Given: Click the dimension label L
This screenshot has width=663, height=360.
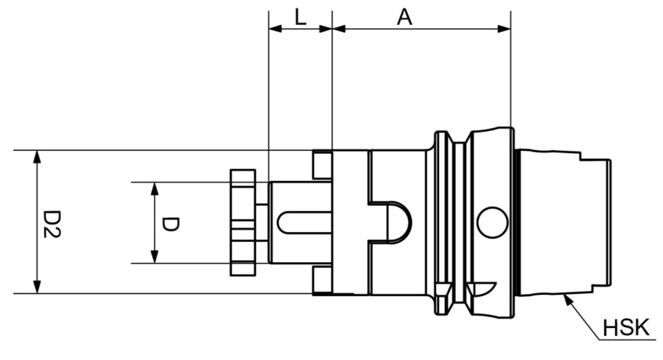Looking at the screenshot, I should pos(300,18).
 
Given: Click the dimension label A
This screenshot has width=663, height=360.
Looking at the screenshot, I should pos(405,17).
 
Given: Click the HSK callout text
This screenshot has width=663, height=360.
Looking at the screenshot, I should pos(625,328).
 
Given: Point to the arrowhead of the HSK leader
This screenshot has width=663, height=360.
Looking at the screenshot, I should pos(564,299).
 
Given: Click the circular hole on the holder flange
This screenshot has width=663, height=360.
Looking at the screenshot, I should pos(492,223).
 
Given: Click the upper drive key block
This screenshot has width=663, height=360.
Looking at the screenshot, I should pos(322,165).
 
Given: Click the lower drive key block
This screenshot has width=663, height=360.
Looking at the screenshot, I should pos(322,280).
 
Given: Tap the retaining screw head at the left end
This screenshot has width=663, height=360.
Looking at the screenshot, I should pos(243,223).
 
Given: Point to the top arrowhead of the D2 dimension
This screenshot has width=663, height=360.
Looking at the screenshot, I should pos(37,156).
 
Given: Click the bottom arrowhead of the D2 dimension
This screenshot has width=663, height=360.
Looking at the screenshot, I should pos(37,287).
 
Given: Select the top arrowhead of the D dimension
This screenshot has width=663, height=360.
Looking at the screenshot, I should pos(155,188).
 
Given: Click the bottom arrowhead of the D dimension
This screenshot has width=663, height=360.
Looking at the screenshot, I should pos(155,257).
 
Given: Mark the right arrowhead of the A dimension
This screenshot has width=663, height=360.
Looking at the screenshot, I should pos(504,28).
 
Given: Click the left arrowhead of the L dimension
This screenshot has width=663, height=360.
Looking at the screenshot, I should pos(275,28).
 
